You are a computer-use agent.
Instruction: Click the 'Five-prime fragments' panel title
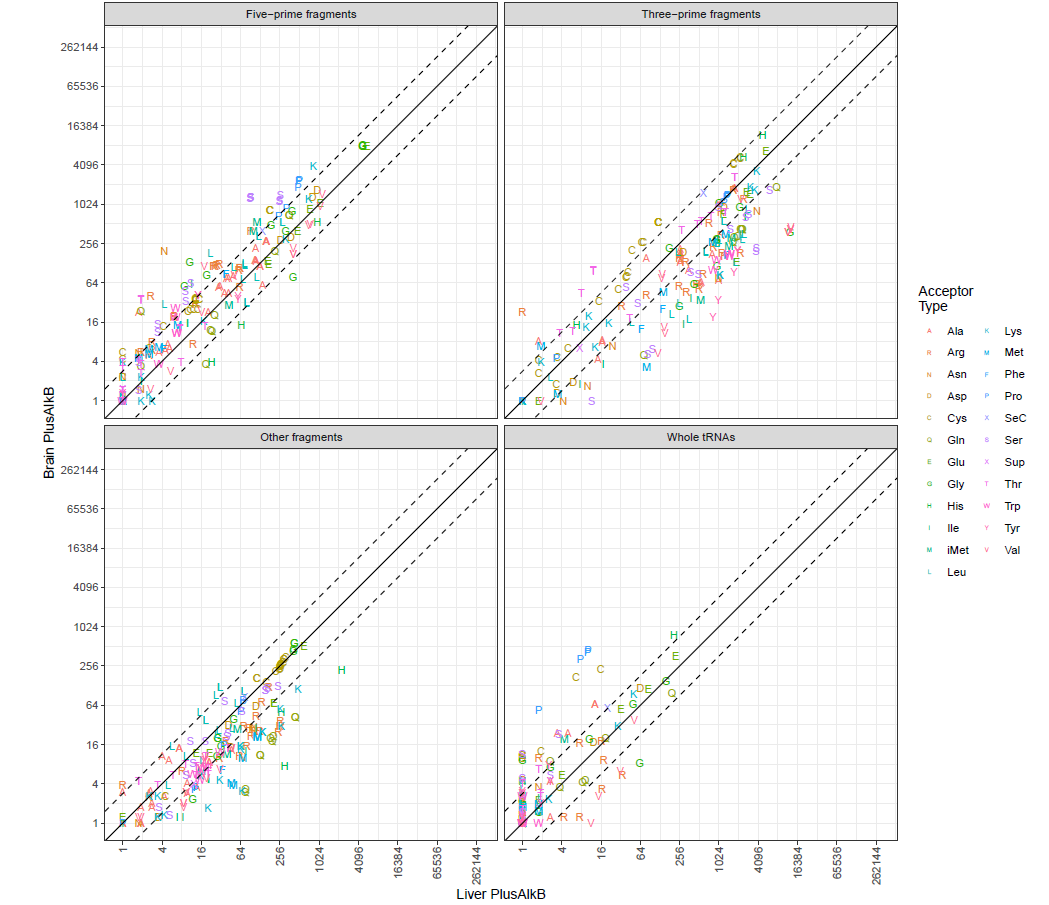(301, 14)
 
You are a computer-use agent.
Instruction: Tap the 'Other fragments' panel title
(301, 437)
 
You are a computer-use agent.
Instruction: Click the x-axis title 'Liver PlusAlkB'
(501, 893)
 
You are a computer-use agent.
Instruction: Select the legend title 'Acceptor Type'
(945, 298)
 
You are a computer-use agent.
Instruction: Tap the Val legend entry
(1013, 549)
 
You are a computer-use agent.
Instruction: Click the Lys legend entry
(1013, 331)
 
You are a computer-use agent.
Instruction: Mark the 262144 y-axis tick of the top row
(77, 47)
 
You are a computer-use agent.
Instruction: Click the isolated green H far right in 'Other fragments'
(341, 670)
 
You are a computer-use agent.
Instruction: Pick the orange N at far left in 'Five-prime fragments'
(164, 251)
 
